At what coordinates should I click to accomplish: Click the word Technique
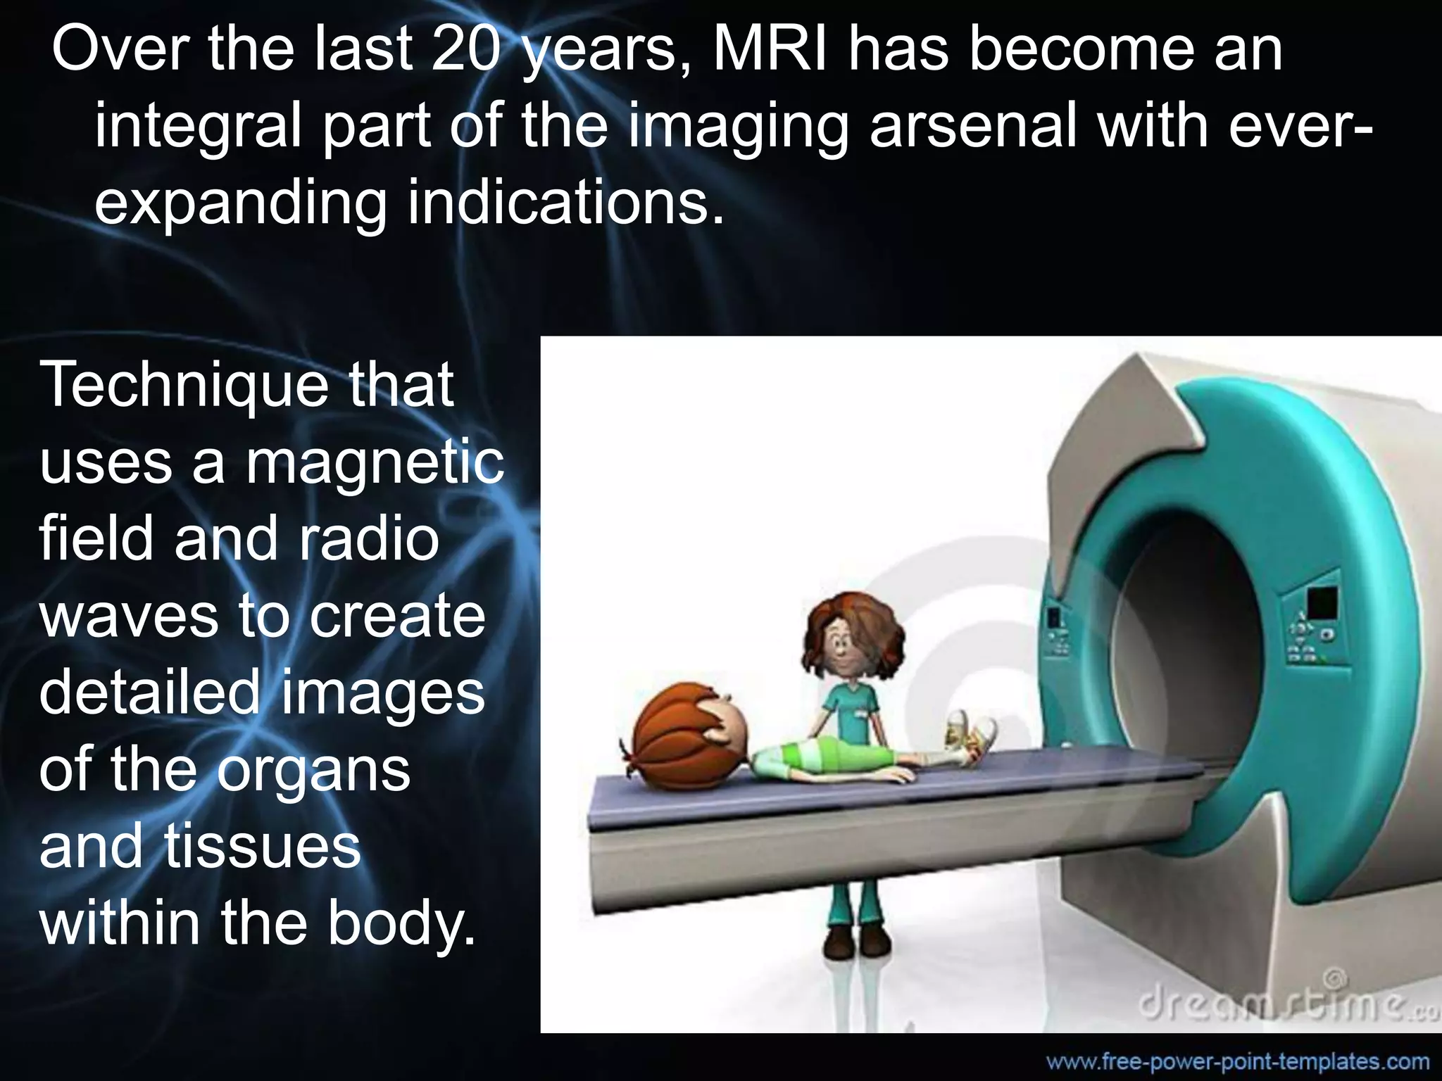click(x=184, y=387)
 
